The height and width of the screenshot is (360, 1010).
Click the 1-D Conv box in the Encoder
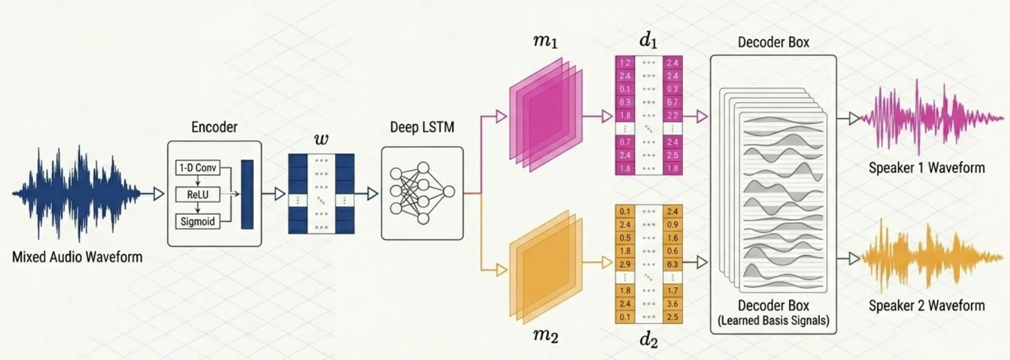(x=197, y=168)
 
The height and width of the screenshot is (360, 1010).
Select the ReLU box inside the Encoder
(x=197, y=195)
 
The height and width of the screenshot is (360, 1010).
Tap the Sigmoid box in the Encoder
(x=197, y=221)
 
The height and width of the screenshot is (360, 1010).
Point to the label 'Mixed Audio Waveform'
(x=77, y=257)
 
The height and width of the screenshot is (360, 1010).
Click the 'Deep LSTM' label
(x=422, y=128)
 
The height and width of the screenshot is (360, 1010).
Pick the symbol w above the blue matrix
(x=321, y=140)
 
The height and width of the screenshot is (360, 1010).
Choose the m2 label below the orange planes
(x=545, y=335)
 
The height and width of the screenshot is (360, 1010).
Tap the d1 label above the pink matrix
(x=648, y=41)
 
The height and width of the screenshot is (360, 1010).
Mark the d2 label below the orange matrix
(x=648, y=340)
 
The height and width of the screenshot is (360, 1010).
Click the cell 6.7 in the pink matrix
(x=673, y=103)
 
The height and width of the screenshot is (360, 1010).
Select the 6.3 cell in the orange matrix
(x=673, y=264)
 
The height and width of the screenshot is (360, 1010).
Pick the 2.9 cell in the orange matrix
(x=625, y=264)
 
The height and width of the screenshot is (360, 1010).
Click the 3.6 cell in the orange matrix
(x=673, y=304)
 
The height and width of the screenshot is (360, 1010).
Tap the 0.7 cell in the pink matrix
(x=625, y=142)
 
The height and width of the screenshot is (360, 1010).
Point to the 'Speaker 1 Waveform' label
(x=926, y=168)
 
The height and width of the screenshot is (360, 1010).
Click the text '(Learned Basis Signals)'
(x=773, y=320)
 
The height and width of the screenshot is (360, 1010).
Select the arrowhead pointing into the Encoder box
(x=159, y=194)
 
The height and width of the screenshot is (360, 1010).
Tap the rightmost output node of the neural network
(x=449, y=193)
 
